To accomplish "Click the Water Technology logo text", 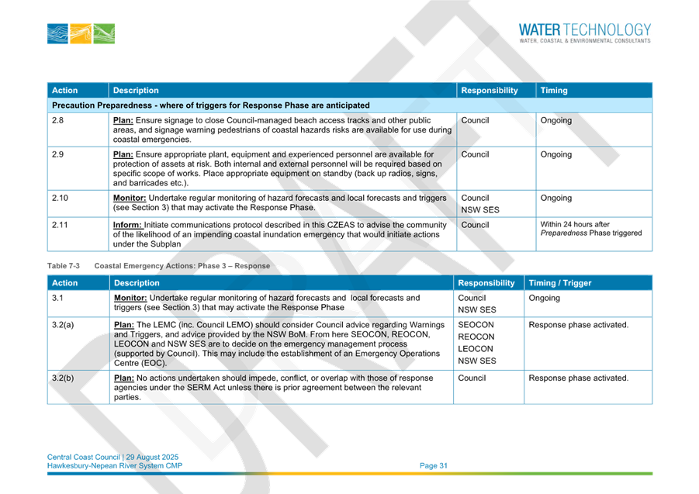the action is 584,29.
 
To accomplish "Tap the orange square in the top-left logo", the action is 81,34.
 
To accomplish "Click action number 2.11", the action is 60,225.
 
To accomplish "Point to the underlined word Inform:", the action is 127,225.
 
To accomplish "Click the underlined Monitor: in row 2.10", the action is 130,198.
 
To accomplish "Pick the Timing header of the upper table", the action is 554,91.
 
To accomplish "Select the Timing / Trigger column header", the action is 560,283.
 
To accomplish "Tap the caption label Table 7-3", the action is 64,266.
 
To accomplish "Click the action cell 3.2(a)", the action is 63,325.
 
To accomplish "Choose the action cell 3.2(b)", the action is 63,378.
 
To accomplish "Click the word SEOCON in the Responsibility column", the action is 476,325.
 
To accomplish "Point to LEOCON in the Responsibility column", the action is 476,349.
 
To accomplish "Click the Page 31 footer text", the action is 434,465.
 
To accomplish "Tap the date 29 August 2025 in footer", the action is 152,457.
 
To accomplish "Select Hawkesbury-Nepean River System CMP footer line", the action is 115,465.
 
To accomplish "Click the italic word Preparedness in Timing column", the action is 563,233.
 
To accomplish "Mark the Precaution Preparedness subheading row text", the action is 210,105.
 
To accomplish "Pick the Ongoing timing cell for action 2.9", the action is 556,154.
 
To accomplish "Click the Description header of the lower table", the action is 137,283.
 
